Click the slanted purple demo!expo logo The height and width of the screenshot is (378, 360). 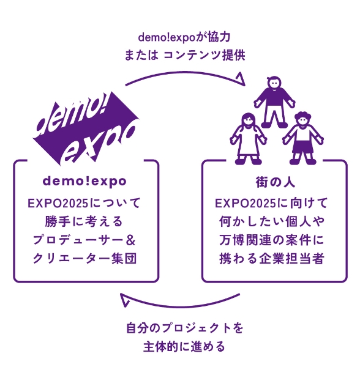pos(86,130)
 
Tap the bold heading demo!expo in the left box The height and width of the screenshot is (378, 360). pos(86,182)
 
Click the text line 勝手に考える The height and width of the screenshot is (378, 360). pos(86,220)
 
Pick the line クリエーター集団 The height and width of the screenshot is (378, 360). pos(86,258)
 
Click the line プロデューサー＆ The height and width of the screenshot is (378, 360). pos(86,239)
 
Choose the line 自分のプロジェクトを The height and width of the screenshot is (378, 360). pos(184,328)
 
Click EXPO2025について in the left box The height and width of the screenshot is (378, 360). pos(86,201)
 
